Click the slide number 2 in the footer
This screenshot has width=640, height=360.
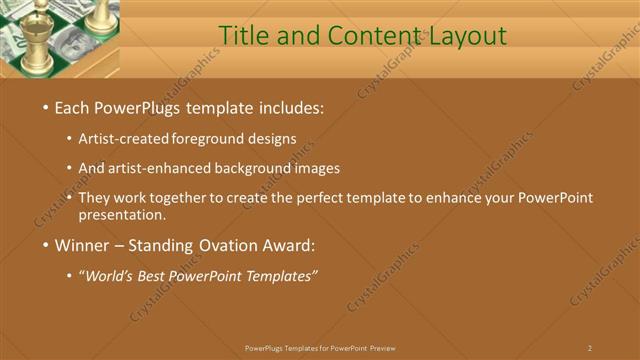point(590,348)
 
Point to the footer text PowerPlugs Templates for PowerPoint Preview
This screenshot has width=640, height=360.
point(320,348)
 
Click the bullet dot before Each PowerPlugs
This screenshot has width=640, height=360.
point(45,107)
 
